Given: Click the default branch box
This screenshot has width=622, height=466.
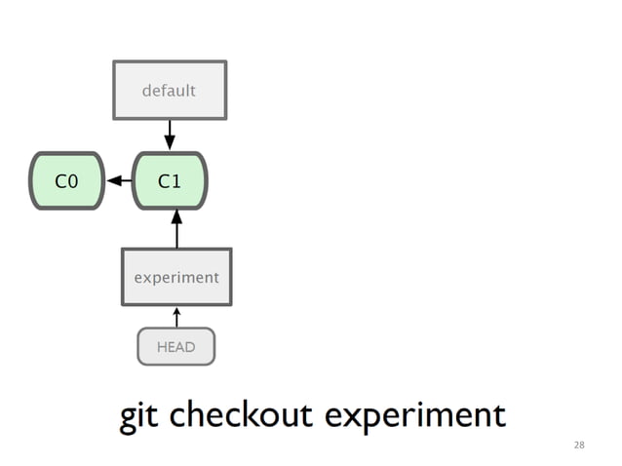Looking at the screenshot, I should pyautogui.click(x=170, y=90).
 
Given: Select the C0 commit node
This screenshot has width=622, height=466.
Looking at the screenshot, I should pyautogui.click(x=66, y=180).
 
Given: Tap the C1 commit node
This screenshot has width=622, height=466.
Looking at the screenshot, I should pyautogui.click(x=170, y=180).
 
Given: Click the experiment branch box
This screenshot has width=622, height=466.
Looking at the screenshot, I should pyautogui.click(x=176, y=277).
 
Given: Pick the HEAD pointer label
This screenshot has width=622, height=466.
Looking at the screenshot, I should pyautogui.click(x=176, y=346).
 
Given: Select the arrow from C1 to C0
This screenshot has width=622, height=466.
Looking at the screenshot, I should pyautogui.click(x=120, y=180).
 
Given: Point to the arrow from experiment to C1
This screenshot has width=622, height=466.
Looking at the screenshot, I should pyautogui.click(x=176, y=229).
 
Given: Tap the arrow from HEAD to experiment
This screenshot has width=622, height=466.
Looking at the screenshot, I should pyautogui.click(x=176, y=317).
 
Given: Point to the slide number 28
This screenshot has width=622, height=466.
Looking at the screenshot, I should pyautogui.click(x=579, y=445).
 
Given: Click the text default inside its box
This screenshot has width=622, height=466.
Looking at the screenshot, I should pyautogui.click(x=170, y=91).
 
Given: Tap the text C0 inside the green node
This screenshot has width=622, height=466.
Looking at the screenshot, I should pyautogui.click(x=66, y=180).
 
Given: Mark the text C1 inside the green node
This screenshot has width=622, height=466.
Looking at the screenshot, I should pyautogui.click(x=170, y=180).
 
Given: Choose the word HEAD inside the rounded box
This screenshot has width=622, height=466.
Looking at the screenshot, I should pyautogui.click(x=176, y=346).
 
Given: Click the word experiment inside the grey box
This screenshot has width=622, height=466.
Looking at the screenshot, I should pyautogui.click(x=176, y=277).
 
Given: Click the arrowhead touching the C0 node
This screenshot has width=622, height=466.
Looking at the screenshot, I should pyautogui.click(x=113, y=180).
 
